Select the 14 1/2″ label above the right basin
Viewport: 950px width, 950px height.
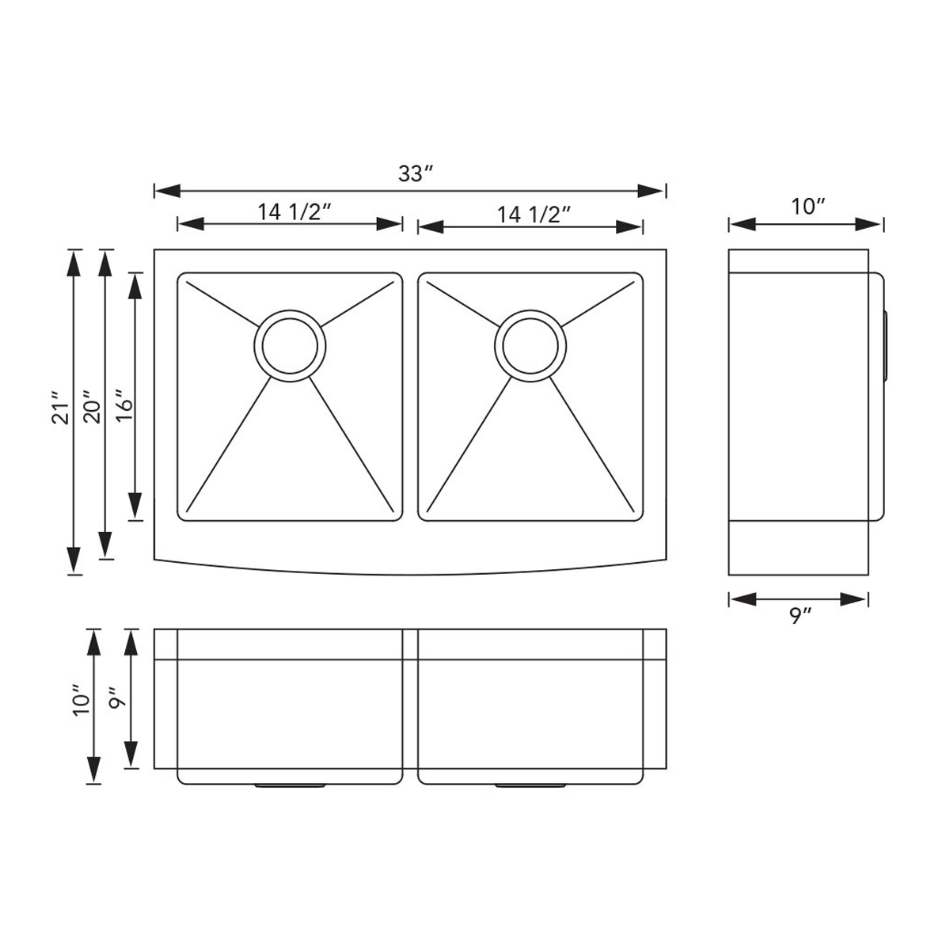click(534, 215)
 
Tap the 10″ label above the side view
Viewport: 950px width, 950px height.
click(808, 207)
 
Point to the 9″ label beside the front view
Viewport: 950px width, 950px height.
click(117, 700)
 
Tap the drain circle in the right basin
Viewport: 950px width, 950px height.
click(530, 345)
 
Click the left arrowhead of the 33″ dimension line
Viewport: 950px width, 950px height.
click(167, 191)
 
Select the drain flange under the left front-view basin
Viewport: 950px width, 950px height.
click(290, 785)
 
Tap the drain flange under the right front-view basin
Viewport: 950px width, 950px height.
click(530, 785)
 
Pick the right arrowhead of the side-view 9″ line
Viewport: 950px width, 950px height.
click(855, 599)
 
